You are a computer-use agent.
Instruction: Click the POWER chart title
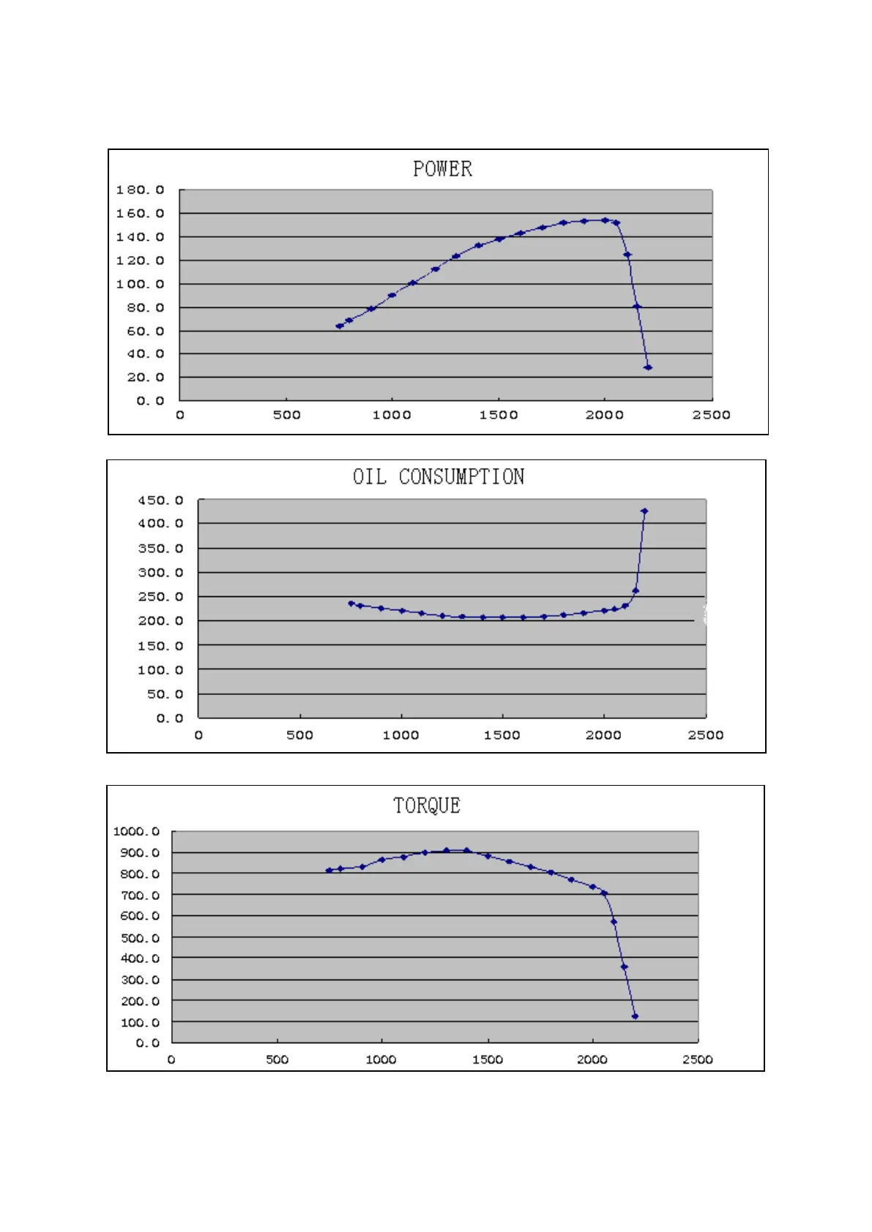442,169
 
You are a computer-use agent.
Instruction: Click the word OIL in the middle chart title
369,477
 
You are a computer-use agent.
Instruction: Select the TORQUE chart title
427,805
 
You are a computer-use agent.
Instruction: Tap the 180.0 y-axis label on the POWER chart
140,190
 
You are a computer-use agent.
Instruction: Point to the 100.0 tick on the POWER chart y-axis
140,284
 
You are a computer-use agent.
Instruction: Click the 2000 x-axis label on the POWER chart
604,415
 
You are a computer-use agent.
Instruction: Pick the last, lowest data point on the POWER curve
648,367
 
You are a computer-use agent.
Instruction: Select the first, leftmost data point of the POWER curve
340,326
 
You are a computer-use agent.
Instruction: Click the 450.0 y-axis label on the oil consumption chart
160,500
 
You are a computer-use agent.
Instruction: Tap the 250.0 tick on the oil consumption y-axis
160,597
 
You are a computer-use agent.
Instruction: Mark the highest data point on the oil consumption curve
644,511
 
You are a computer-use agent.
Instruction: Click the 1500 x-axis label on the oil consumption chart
502,735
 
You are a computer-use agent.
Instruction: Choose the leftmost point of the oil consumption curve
351,604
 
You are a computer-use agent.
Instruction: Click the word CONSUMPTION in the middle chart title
461,477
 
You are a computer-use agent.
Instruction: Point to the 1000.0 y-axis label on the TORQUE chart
136,831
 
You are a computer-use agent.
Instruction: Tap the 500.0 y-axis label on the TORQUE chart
139,938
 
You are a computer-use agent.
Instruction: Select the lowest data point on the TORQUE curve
635,1016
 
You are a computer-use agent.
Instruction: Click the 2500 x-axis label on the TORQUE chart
697,1059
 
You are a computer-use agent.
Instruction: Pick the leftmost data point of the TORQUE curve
329,871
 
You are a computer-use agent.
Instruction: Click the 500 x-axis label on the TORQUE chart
277,1059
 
